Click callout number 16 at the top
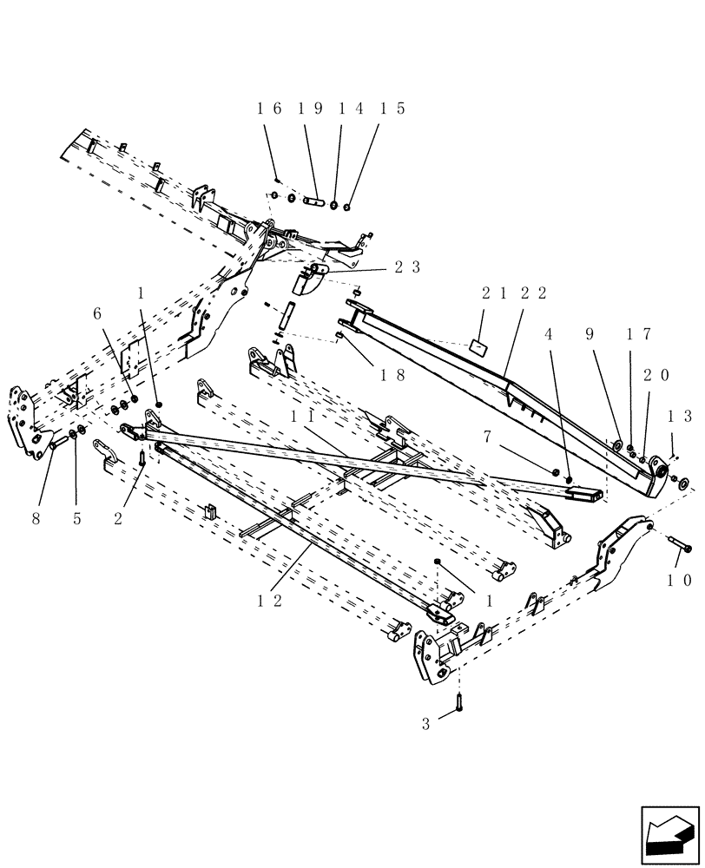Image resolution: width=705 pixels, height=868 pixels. [269, 109]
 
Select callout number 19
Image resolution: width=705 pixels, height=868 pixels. [311, 109]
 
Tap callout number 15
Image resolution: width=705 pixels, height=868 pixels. [392, 109]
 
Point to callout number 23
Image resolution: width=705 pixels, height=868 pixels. [407, 268]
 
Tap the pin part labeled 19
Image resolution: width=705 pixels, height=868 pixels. [314, 204]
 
